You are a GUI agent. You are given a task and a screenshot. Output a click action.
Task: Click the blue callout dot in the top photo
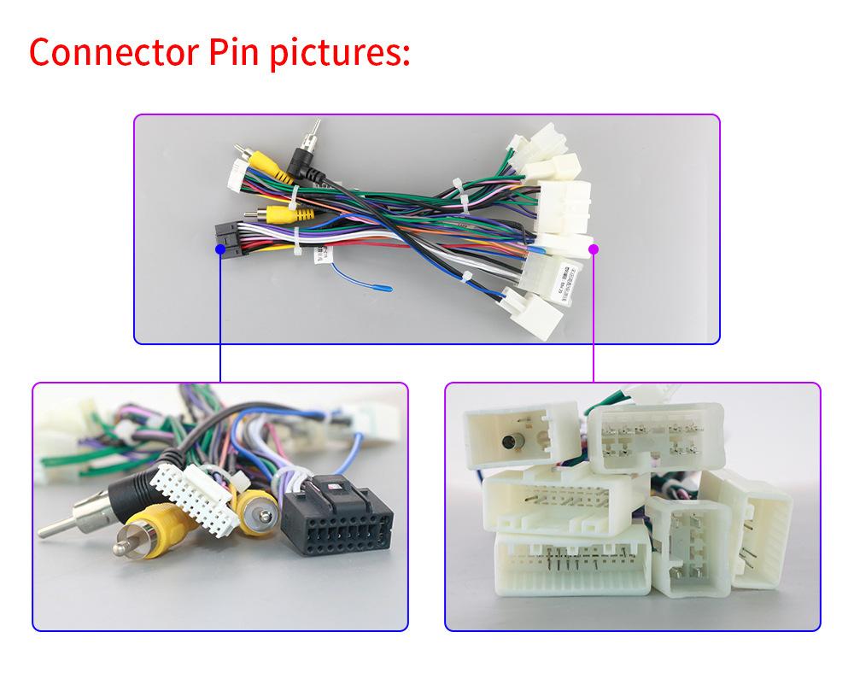(x=220, y=249)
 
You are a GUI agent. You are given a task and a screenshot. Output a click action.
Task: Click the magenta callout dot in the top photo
(x=594, y=249)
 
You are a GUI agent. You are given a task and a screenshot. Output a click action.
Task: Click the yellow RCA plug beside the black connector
(x=255, y=509)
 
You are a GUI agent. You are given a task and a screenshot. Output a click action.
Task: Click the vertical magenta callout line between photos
(x=594, y=316)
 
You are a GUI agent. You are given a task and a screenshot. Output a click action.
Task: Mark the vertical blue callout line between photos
(x=220, y=316)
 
